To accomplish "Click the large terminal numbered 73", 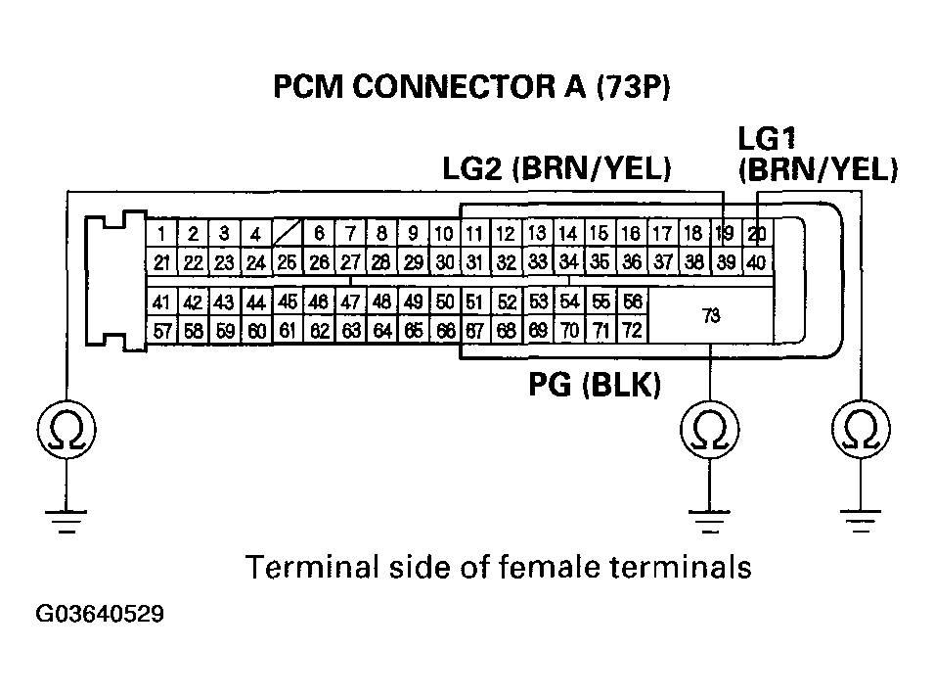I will [711, 315].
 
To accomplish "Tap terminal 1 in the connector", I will [162, 234].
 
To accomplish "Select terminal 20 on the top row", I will [757, 234].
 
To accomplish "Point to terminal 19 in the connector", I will [725, 234].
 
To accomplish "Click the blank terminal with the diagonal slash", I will [287, 234].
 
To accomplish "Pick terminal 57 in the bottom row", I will [162, 331].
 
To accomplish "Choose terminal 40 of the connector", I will [757, 261].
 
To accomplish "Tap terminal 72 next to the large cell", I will [632, 331].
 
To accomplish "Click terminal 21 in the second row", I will [162, 261].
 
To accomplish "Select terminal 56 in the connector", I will [632, 302].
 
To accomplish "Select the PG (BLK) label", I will [595, 388].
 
